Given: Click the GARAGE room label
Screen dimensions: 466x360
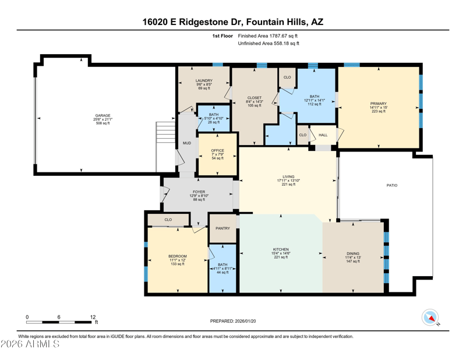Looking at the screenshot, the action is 103,115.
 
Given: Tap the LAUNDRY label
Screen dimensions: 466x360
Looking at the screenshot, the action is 204,80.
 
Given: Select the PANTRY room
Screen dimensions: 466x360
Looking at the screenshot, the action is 223,228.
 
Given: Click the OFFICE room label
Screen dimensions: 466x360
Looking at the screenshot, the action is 217,150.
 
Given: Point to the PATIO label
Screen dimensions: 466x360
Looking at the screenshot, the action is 391,185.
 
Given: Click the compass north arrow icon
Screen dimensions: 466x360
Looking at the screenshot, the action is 430,317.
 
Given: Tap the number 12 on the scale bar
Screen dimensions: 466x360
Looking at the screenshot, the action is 93,317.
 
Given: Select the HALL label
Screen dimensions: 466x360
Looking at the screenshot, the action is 323,135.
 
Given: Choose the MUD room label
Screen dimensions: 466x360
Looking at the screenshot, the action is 186,143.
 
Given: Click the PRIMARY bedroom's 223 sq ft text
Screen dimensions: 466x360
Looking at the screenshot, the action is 378,111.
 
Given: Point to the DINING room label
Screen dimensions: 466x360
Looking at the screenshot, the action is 353,253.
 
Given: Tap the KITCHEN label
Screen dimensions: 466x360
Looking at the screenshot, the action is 281,249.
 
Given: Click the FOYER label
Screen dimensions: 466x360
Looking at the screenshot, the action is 199,192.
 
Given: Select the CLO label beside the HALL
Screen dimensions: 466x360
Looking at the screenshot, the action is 302,135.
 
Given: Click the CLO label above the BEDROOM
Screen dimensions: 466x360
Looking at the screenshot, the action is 168,220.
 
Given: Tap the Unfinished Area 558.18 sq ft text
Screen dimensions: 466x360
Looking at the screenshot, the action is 269,44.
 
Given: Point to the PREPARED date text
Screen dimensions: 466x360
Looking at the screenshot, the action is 233,321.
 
